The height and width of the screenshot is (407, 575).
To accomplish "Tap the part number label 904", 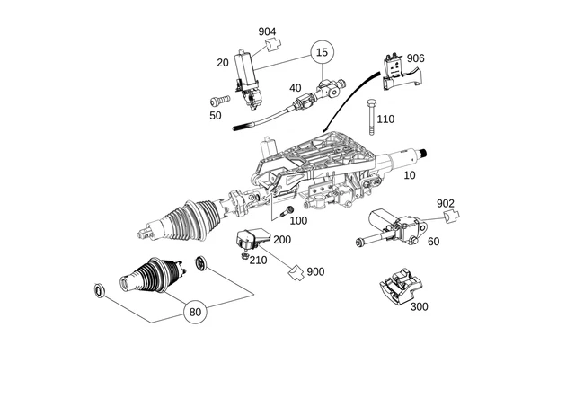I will tap(267, 31).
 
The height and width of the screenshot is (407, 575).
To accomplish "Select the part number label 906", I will tap(415, 58).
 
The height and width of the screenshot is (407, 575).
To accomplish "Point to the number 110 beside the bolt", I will tap(385, 119).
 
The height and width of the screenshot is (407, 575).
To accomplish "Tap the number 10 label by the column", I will tap(409, 175).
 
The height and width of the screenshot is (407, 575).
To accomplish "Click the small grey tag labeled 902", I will tap(453, 216).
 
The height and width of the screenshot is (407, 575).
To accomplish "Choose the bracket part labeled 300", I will tap(398, 287).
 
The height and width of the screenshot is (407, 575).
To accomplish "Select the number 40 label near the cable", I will tap(295, 88).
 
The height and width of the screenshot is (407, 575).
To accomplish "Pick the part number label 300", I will tap(419, 306).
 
